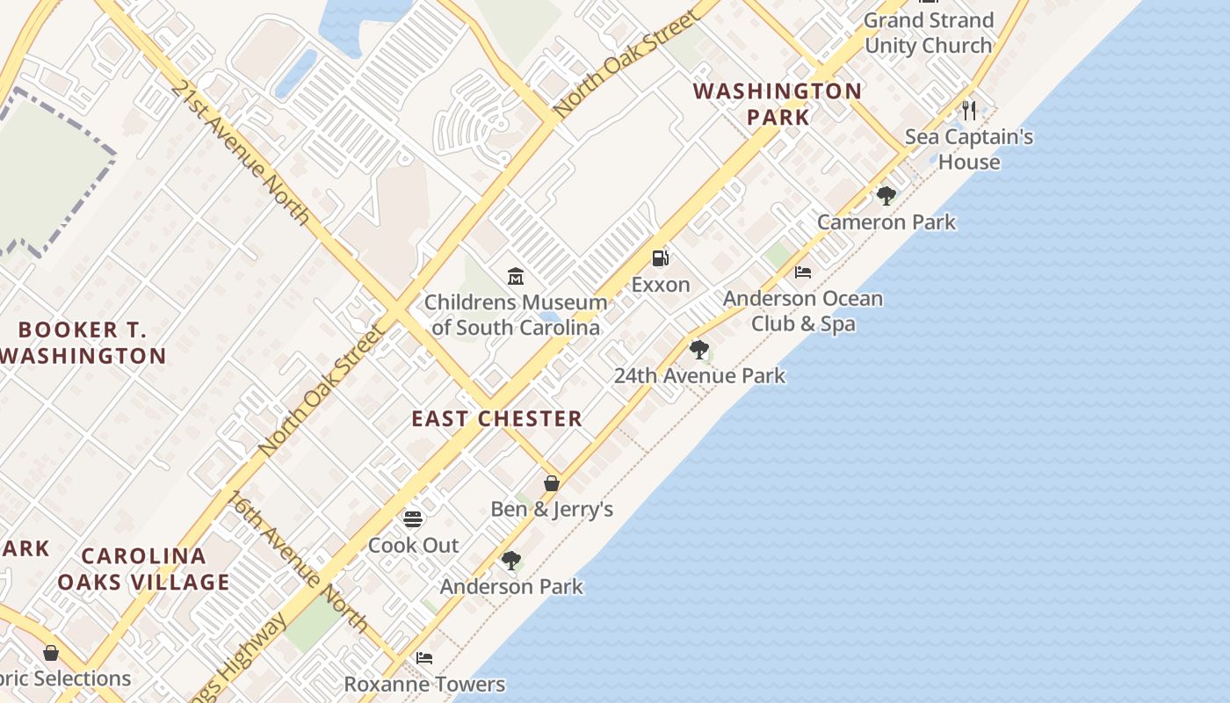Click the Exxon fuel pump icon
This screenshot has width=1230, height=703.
point(661,258)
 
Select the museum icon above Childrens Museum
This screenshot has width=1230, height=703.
point(516,277)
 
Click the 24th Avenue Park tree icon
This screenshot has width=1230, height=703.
point(699,350)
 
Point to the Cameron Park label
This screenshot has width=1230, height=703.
point(886,222)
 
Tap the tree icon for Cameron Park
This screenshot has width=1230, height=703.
point(886,196)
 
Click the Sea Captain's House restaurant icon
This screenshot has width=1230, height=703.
point(969,111)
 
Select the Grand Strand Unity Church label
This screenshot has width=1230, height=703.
point(929,33)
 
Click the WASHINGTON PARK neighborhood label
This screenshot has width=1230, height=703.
point(777,104)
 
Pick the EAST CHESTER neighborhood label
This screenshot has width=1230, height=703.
point(497,419)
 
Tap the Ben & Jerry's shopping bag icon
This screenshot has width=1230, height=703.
point(552,483)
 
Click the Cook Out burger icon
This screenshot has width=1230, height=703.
point(413,519)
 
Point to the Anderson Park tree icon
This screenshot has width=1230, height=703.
point(511,561)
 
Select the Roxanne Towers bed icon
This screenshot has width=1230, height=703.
point(424,658)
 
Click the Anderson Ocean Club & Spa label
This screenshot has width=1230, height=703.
point(803,311)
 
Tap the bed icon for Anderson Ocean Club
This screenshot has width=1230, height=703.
point(803,272)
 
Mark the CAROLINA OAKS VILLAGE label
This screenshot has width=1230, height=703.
point(144,569)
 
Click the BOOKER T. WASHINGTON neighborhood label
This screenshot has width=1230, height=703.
point(83,343)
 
